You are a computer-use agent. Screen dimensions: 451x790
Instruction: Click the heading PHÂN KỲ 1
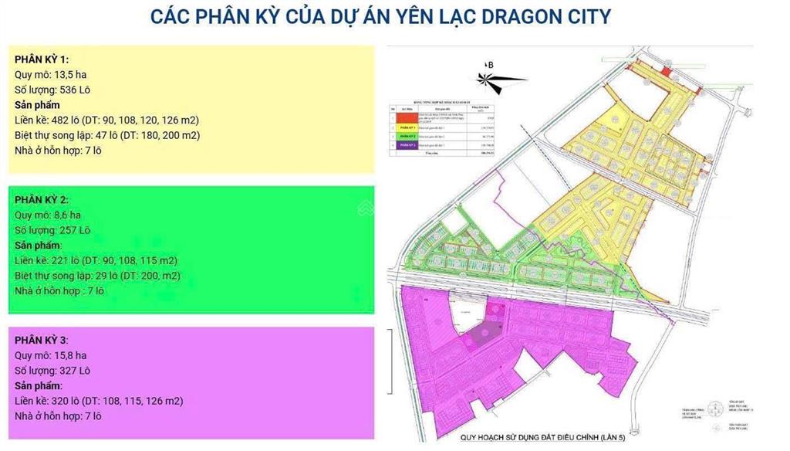(42, 59)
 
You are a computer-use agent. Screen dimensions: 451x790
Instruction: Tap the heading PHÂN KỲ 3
(42, 340)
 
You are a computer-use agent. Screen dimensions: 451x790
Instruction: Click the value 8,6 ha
(67, 215)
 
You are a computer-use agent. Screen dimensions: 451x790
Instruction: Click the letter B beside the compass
(490, 65)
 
